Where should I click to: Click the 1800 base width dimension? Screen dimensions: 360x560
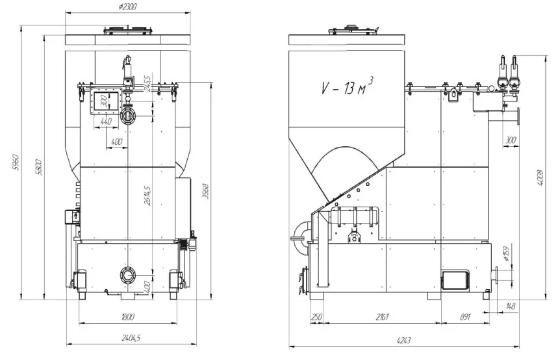click(x=127, y=317)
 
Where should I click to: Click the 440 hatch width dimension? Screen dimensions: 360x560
click(x=107, y=122)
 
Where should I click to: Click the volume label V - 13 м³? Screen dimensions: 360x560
click(x=347, y=87)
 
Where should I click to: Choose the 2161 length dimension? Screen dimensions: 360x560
click(x=382, y=317)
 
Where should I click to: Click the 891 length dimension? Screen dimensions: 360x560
click(x=465, y=317)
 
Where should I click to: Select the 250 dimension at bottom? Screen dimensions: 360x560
click(x=317, y=317)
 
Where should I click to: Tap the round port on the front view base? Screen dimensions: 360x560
click(x=127, y=274)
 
